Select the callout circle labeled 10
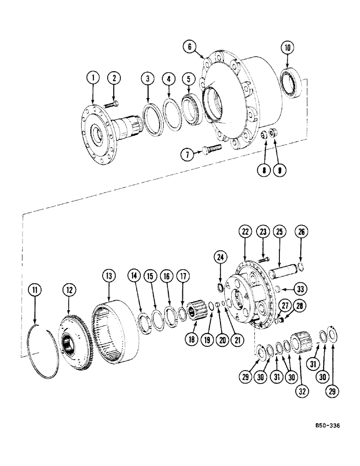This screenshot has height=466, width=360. coord(287,48)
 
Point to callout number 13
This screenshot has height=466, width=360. coord(109,276)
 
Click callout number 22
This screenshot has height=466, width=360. coord(246,231)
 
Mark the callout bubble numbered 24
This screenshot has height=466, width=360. coord(220,256)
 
